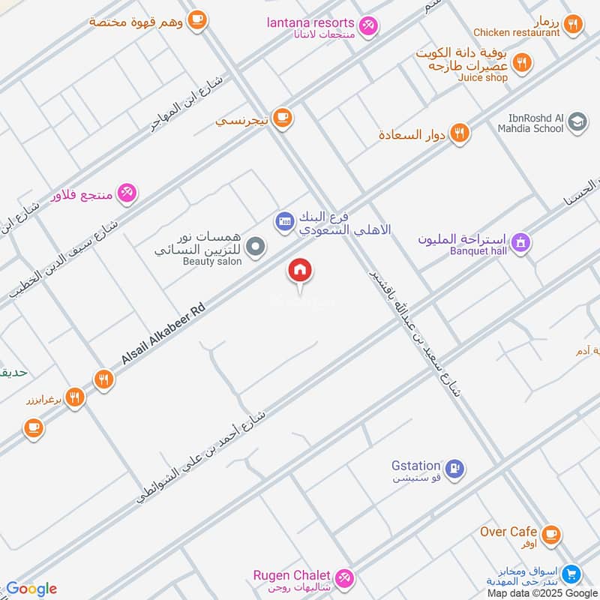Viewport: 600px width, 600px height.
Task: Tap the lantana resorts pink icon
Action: coord(367,26)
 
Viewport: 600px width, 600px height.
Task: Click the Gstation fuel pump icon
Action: coord(454,469)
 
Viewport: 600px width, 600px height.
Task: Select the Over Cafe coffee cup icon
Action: coord(551,534)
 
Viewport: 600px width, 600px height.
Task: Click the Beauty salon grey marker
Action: coord(256,246)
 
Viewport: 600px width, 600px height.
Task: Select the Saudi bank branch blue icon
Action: coord(284,220)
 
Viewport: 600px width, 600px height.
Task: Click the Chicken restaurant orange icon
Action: coord(573,24)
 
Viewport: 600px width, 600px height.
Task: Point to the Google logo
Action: coord(31,588)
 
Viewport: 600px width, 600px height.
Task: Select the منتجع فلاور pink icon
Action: coord(127,193)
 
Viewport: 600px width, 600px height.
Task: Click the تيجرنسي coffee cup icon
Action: coord(282,117)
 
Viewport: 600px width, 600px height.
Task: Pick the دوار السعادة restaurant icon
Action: coord(460,133)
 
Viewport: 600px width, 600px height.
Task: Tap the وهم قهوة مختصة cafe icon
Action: coord(197,19)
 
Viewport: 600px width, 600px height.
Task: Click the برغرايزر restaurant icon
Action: coord(74,397)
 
